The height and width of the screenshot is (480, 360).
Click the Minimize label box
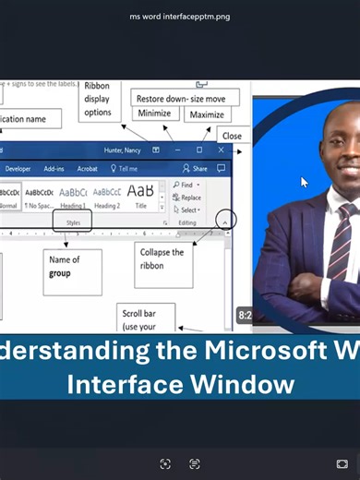pos(154,114)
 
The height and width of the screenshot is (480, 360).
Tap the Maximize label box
pos(208,114)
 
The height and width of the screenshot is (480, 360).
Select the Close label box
pos(232,136)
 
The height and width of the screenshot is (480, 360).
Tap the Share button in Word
pos(196,169)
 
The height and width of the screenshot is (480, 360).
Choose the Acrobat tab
pos(88,169)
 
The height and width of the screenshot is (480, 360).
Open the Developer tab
pos(18,169)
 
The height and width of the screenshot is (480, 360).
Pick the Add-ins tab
pos(54,169)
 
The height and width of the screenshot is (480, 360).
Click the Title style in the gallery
pos(140,196)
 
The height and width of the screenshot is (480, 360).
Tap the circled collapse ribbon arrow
pos(226,221)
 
